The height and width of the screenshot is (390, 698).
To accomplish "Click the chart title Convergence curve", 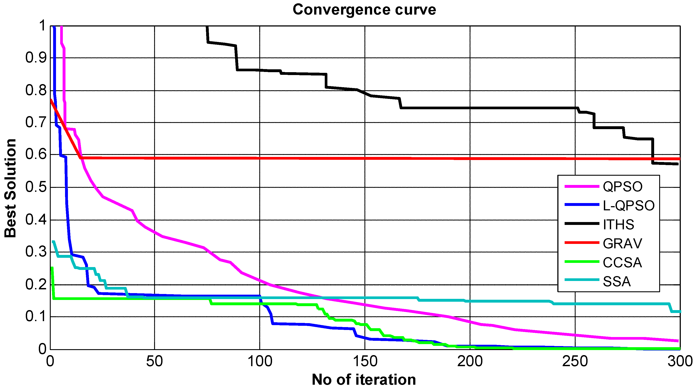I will coord(364,10).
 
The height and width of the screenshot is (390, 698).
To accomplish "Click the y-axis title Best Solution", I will coord(10,188).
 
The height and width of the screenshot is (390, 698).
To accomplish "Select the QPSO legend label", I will coord(622,187).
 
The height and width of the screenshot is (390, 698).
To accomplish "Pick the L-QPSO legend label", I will coord(628,205).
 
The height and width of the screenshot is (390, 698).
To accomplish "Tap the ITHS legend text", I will coord(618,224).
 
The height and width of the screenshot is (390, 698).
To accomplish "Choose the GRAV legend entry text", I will coord(622,243).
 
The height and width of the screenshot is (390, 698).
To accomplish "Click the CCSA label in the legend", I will coord(622,262).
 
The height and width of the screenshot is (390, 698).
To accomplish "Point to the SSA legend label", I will coord(616,281).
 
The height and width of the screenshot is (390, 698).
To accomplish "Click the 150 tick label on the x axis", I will coord(365,361).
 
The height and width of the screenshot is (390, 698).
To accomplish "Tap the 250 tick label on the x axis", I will coord(575,361).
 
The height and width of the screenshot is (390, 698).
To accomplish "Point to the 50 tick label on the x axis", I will coord(155,361).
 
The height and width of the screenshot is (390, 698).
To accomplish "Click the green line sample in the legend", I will coord(582,262).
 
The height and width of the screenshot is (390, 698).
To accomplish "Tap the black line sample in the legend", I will coord(582,224).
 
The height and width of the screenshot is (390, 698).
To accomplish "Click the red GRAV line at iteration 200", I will coord(470,158).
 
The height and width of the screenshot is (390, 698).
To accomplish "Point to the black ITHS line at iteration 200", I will coord(470,108).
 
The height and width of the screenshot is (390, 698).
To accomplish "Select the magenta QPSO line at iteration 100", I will coord(259,280).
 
